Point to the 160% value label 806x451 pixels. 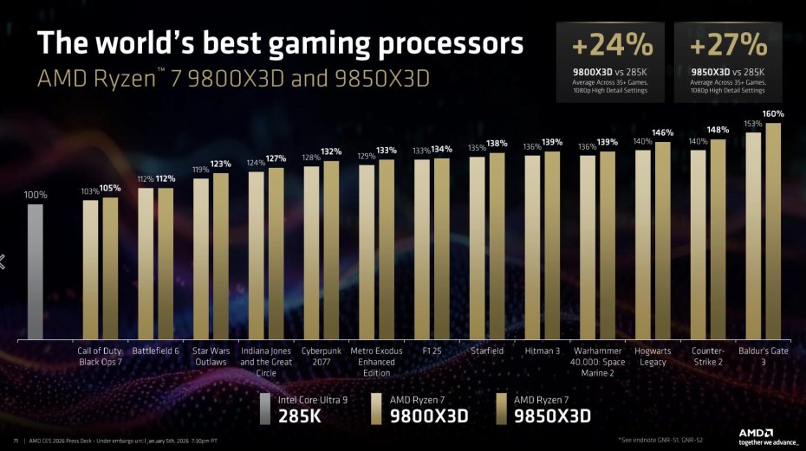coord(773,114)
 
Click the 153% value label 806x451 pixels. coord(752,124)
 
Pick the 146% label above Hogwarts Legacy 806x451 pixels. coord(663,133)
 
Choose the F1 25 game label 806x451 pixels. coord(432,351)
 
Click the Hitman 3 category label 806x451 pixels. coord(543,351)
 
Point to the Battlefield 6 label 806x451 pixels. coord(156,351)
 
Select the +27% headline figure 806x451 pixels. coord(729,45)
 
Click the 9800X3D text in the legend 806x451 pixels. coord(429,416)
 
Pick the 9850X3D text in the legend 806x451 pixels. coord(553,416)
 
